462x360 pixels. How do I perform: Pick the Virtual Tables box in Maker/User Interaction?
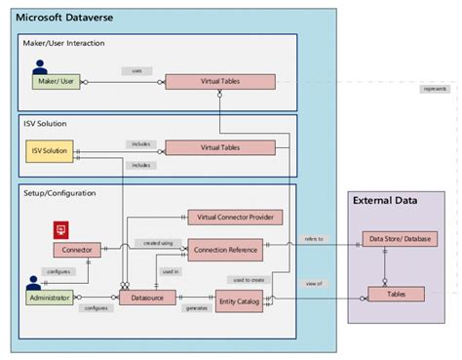tap(219, 83)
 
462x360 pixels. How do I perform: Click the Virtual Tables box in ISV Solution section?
tap(219, 148)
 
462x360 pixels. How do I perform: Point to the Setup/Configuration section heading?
tap(59, 193)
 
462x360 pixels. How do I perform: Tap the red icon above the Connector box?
tap(60, 230)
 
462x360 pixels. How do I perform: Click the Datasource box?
tap(153, 296)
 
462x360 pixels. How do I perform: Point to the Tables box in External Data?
tap(396, 294)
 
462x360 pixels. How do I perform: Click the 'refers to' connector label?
tap(314, 237)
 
